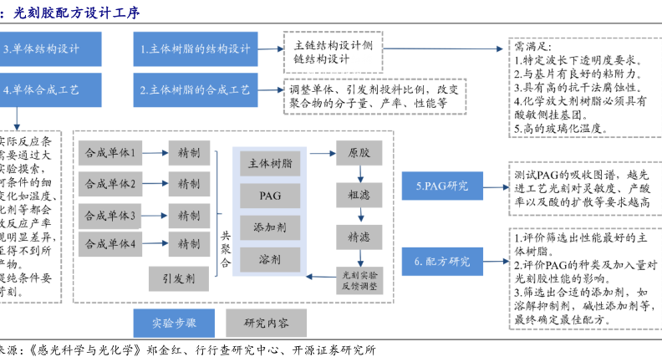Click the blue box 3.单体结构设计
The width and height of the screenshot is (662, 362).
50,48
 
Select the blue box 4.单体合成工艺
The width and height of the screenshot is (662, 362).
50,89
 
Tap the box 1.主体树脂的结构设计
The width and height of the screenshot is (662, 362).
196,48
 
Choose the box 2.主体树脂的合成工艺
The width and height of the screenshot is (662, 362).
196,89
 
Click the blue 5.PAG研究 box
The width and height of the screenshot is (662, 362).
443,185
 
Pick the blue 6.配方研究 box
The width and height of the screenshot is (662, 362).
443,261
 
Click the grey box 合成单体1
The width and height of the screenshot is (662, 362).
110,153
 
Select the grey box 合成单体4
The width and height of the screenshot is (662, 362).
110,243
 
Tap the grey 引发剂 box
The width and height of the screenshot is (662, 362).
178,278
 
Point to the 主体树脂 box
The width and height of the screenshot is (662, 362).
270,164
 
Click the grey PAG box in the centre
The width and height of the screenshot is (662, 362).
270,195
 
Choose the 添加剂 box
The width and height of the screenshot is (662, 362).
270,227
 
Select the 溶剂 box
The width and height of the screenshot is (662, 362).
270,260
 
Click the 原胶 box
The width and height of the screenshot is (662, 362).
359,154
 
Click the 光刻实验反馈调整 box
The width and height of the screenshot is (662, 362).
359,279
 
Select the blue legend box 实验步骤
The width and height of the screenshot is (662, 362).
175,322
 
